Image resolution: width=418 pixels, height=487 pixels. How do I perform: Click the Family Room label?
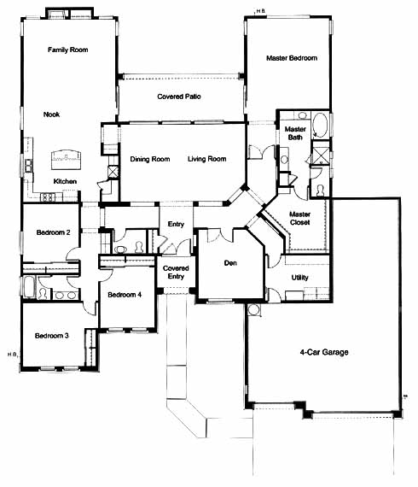(68, 50)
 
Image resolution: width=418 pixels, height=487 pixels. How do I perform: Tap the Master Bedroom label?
(292, 58)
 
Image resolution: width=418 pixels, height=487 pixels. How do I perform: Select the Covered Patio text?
(179, 97)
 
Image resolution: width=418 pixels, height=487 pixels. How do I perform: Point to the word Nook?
(51, 114)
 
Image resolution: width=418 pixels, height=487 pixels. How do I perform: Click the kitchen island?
(66, 160)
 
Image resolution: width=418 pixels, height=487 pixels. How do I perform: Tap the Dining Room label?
(150, 159)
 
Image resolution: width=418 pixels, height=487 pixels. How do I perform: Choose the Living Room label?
(206, 159)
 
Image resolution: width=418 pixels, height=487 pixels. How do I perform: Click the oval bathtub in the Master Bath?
(320, 125)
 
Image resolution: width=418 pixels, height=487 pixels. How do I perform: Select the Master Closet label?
(300, 219)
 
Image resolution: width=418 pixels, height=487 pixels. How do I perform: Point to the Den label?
(230, 263)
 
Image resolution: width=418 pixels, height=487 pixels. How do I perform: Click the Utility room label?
(300, 278)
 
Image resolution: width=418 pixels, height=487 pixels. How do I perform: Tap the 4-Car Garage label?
(324, 352)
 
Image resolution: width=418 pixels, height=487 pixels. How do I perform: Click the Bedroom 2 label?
(54, 232)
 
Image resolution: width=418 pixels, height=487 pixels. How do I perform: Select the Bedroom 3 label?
(52, 336)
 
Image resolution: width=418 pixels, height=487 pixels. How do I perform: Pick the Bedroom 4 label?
(125, 295)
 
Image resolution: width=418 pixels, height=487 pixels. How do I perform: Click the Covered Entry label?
(176, 272)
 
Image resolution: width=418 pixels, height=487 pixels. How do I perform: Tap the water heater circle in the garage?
(254, 309)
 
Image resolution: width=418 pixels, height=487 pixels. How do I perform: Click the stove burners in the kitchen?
(48, 197)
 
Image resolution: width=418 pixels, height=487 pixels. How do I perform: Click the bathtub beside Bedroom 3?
(29, 287)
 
